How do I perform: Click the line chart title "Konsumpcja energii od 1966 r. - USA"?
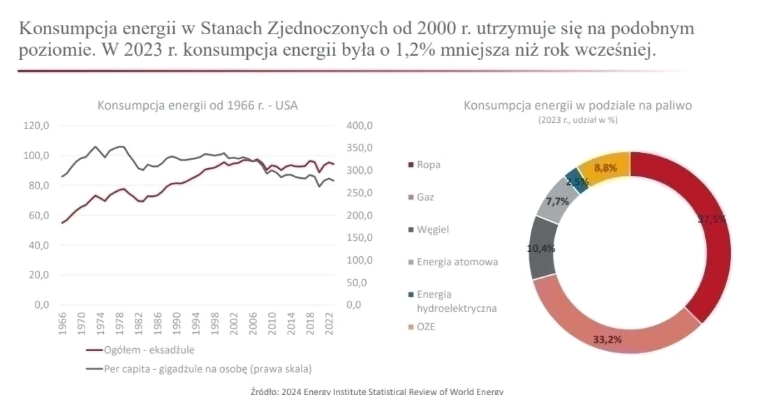[x=201, y=105]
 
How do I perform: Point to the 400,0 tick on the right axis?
[x=361, y=126]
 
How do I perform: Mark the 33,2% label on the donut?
[x=607, y=340]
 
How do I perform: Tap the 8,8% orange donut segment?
[x=605, y=167]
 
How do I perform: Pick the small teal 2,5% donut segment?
[x=576, y=179]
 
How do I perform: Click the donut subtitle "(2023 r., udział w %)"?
[x=577, y=120]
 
